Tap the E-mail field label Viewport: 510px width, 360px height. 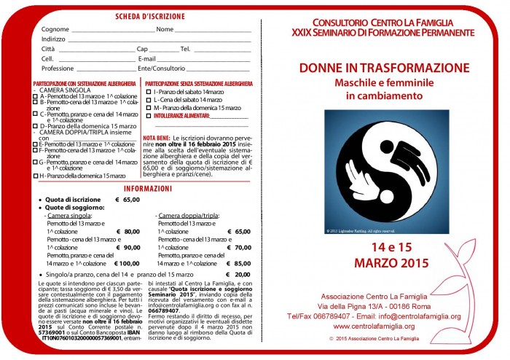pyautogui.click(x=147, y=58)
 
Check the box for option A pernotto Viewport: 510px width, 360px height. pyautogui.click(x=36, y=97)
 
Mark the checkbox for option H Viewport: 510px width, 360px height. pyautogui.click(x=36, y=176)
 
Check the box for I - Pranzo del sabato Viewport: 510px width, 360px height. pyautogui.click(x=148, y=92)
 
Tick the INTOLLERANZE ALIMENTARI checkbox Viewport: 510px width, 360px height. pyautogui.click(x=148, y=114)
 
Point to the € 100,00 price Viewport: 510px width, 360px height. pyautogui.click(x=127, y=263)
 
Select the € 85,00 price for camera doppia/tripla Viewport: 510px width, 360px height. pyautogui.click(x=239, y=263)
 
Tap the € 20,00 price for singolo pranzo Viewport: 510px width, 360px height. pyautogui.click(x=238, y=274)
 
